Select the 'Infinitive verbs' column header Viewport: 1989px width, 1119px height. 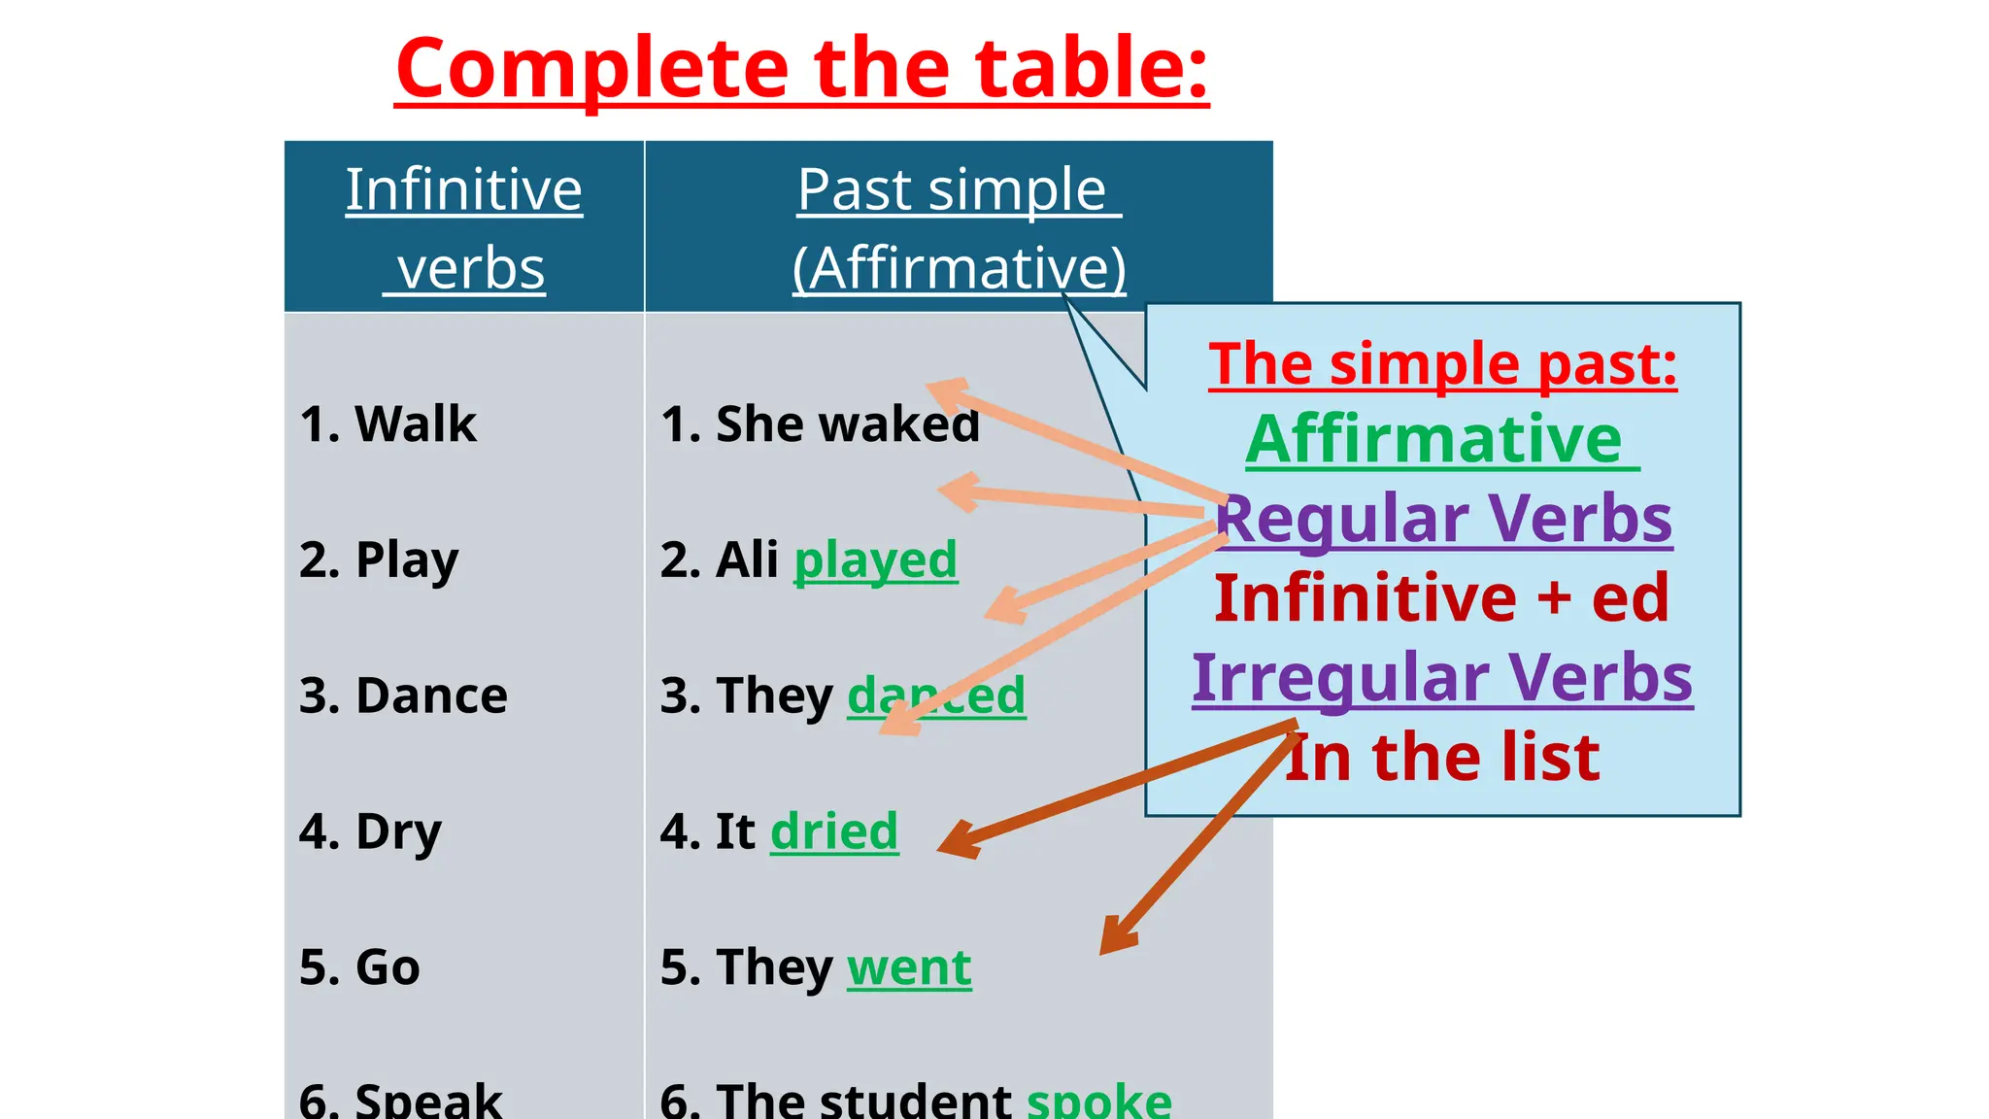pyautogui.click(x=464, y=227)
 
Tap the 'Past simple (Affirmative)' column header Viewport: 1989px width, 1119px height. pyautogui.click(x=959, y=227)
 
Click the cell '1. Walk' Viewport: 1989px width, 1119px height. pyautogui.click(x=388, y=424)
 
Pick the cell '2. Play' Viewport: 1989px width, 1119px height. pyautogui.click(x=379, y=559)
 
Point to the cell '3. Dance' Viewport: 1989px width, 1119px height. pyautogui.click(x=403, y=695)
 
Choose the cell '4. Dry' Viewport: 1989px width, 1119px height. pyautogui.click(x=370, y=831)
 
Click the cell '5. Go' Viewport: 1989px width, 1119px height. pyautogui.click(x=359, y=967)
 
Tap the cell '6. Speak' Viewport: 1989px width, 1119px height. pyautogui.click(x=400, y=1101)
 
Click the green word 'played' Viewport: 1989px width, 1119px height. pyautogui.click(x=875, y=560)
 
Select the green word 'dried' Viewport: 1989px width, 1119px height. pyautogui.click(x=834, y=831)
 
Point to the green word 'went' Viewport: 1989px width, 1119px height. pyautogui.click(x=909, y=967)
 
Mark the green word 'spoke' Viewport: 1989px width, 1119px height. pyautogui.click(x=1099, y=1101)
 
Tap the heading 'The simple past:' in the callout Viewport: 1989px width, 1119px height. pyautogui.click(x=1443, y=364)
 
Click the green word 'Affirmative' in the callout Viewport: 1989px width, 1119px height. pyautogui.click(x=1434, y=440)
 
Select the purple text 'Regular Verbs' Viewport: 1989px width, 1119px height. pyautogui.click(x=1444, y=518)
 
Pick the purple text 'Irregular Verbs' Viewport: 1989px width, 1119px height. pyautogui.click(x=1442, y=677)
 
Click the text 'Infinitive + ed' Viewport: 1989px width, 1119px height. pyautogui.click(x=1442, y=597)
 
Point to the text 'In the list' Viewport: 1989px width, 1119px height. pyautogui.click(x=1443, y=757)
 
